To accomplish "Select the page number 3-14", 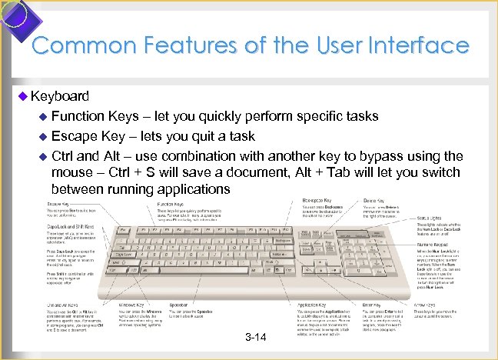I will point(256,337).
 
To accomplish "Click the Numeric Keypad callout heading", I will point(435,244).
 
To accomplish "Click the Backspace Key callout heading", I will point(319,199).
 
